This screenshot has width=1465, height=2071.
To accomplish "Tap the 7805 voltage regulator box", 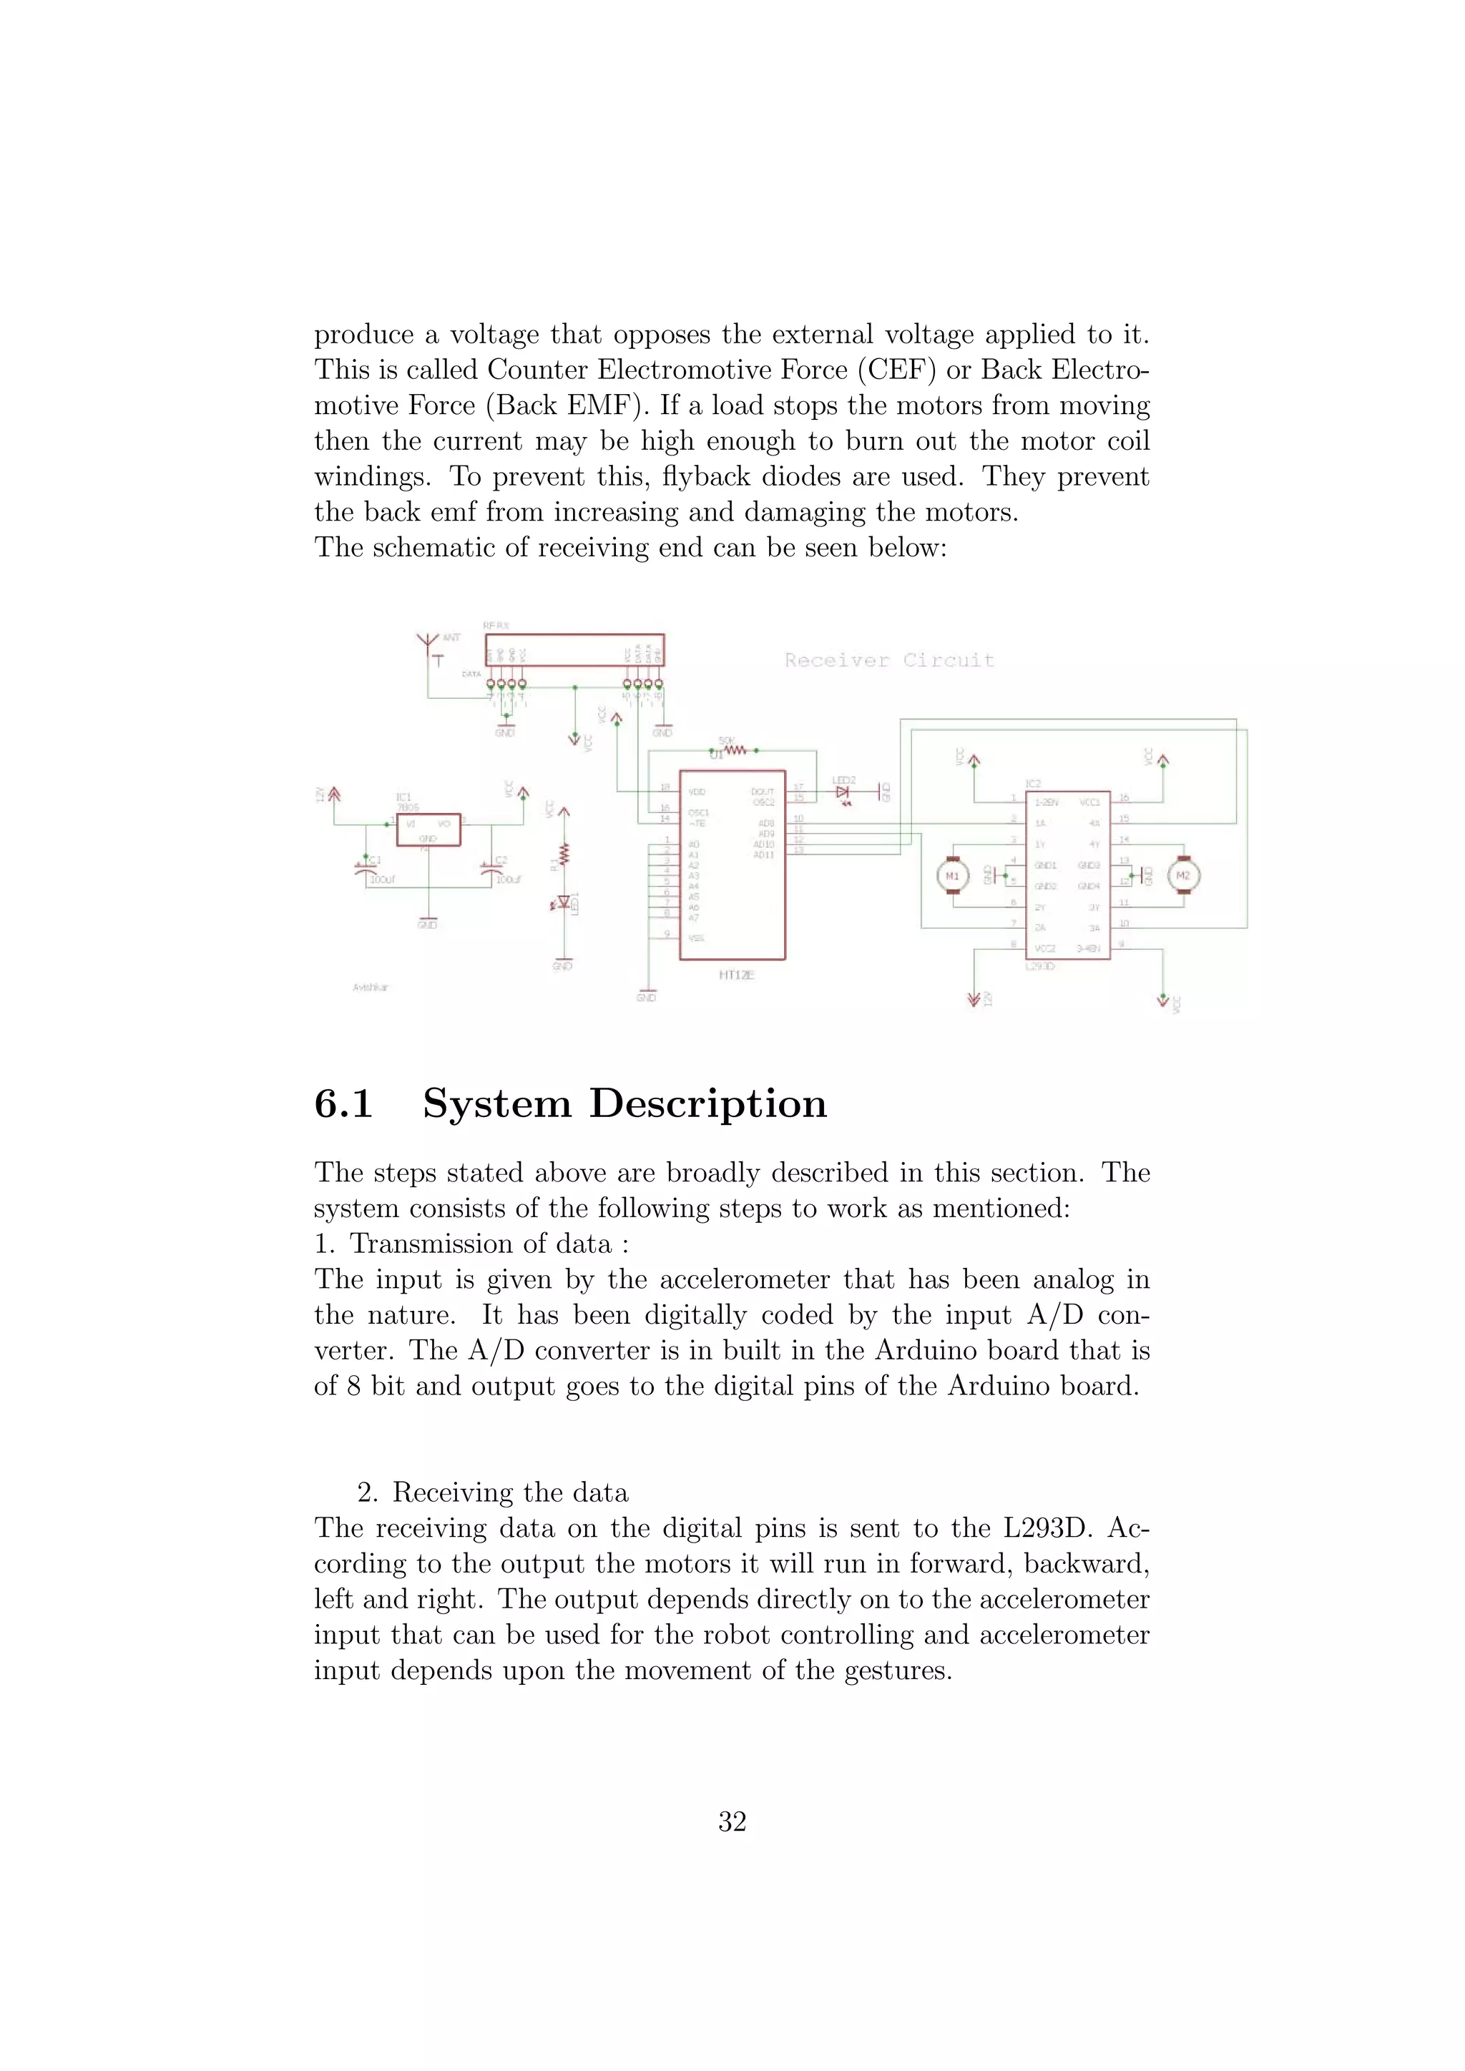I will click(428, 829).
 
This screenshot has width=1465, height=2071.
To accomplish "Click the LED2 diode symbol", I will click(843, 793).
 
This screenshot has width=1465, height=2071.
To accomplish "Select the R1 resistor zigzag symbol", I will click(564, 853).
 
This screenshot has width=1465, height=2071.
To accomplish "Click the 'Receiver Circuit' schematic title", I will click(888, 660).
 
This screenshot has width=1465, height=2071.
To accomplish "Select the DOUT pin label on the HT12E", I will click(763, 791).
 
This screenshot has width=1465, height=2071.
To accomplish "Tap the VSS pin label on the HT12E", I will click(697, 938).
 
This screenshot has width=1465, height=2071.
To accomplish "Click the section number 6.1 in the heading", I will click(343, 1103).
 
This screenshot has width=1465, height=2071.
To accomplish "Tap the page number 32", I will click(732, 1821).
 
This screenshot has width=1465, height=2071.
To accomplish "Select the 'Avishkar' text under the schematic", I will click(370, 988).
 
